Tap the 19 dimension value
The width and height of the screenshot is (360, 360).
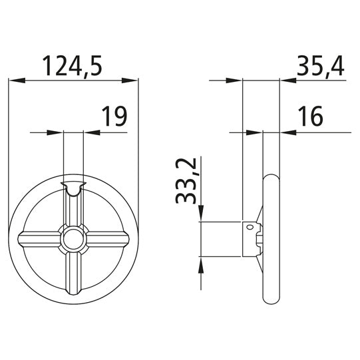[x=114, y=117]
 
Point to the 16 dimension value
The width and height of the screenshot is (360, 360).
[x=310, y=117]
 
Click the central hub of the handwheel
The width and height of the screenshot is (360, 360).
[x=73, y=238]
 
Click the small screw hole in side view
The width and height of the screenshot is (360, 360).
[x=250, y=228]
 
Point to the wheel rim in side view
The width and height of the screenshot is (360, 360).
[x=271, y=238]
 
